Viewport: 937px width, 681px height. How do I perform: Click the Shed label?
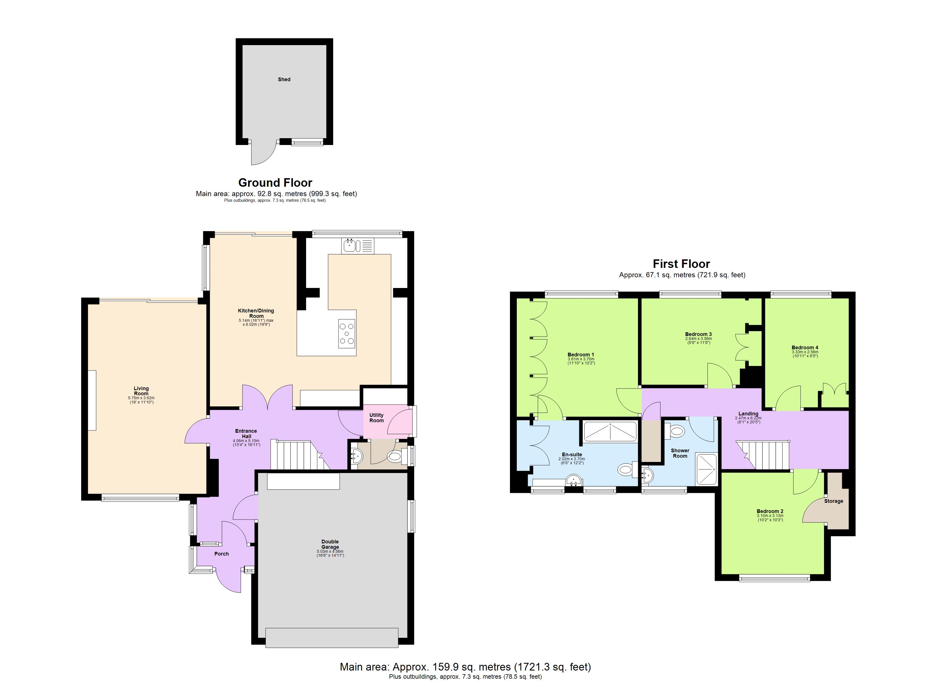284,79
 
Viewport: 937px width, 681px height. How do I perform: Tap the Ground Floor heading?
275,182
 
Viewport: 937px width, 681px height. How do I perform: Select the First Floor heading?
681,264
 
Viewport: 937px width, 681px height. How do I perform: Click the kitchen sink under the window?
358,246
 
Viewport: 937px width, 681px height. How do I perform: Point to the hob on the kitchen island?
347,334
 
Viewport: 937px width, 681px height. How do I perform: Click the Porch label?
221,554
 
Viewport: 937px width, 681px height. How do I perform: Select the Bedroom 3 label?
698,334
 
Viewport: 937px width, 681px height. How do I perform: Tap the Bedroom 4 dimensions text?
805,354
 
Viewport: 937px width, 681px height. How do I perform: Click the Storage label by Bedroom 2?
833,501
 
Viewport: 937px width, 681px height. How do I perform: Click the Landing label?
748,413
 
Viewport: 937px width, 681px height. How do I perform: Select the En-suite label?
572,454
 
